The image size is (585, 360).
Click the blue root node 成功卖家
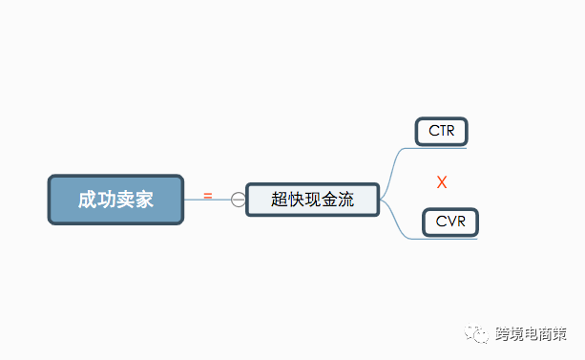tap(115, 200)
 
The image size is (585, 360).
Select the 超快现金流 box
tap(312, 200)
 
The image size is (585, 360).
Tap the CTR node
tap(442, 132)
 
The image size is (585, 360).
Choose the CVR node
tap(449, 222)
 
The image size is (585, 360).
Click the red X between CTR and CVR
tap(442, 182)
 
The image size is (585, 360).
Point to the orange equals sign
tap(208, 197)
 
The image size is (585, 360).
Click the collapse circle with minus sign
tap(239, 200)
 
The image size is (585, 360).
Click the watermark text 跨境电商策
tap(531, 334)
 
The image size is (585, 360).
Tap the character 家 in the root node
tap(144, 200)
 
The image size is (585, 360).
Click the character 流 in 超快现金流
tap(345, 200)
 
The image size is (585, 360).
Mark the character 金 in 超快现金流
tap(329, 200)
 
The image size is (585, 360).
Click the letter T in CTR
tap(442, 132)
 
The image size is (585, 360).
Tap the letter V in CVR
tap(449, 222)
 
